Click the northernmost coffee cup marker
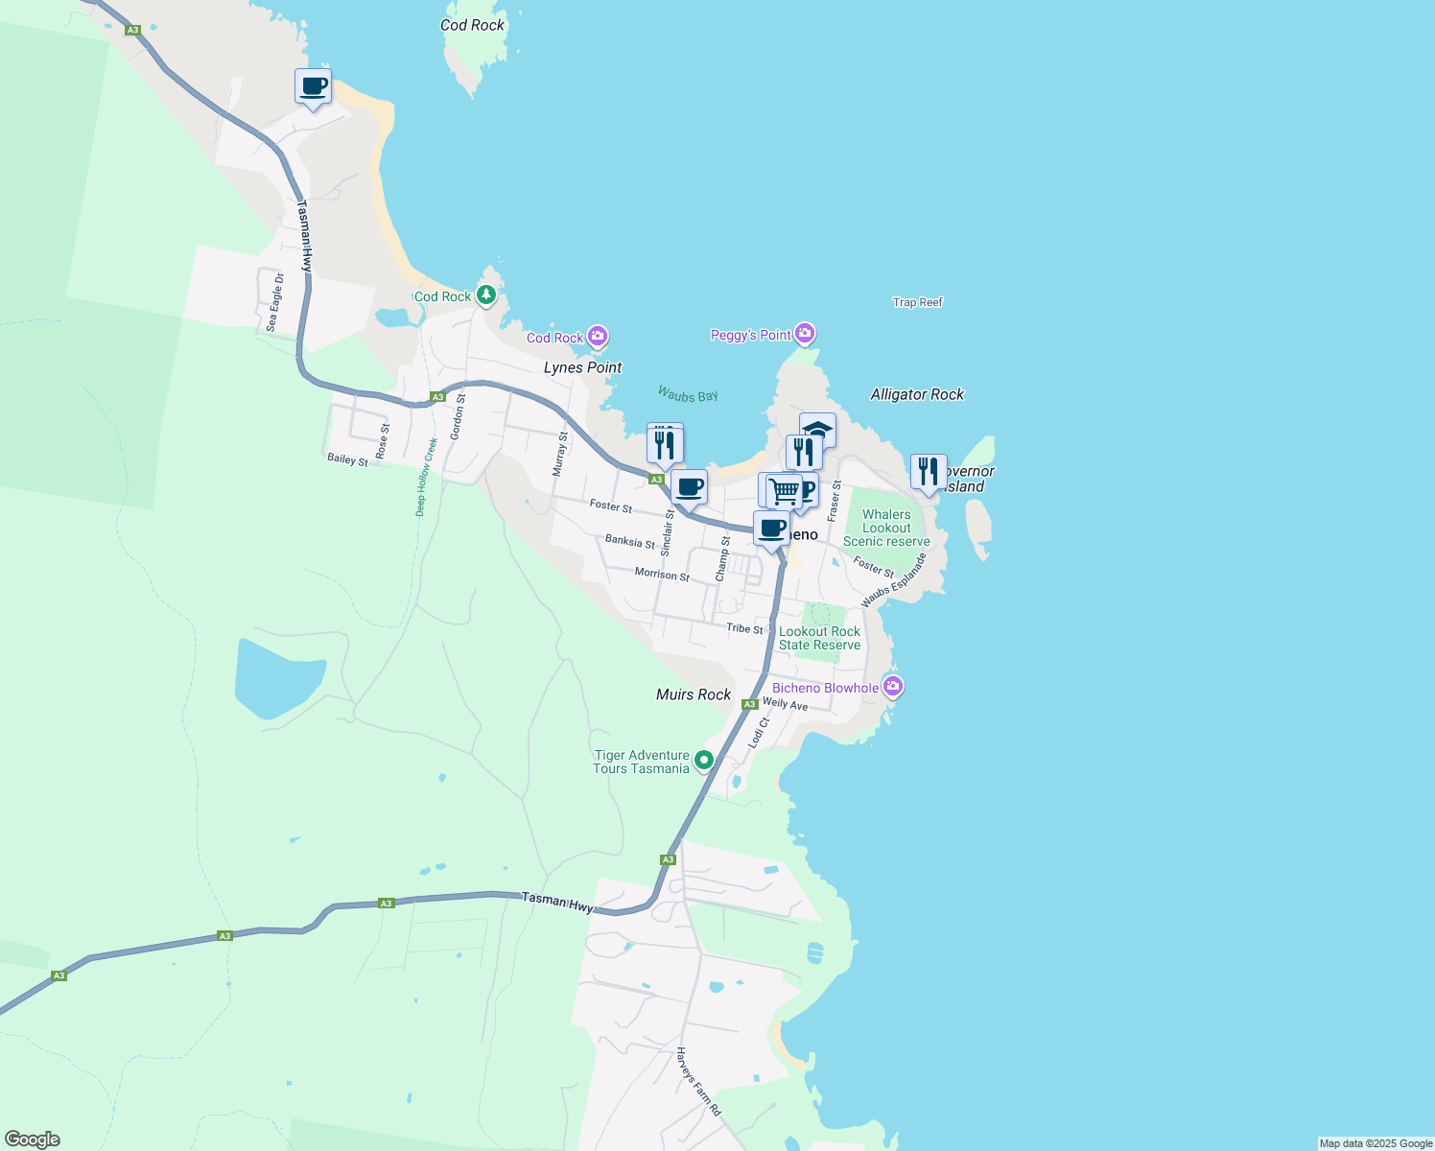tap(313, 86)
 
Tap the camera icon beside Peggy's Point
tap(805, 334)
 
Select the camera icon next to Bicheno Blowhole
tap(893, 687)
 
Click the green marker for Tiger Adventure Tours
tap(704, 761)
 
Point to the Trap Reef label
tap(918, 302)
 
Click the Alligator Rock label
tap(917, 394)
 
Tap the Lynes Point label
tap(582, 367)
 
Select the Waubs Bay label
tap(688, 394)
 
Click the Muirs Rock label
tap(694, 694)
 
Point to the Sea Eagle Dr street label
tap(275, 303)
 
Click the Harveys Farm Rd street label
tap(698, 1081)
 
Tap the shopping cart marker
tap(785, 491)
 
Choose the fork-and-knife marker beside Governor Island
tap(928, 472)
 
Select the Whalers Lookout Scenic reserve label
tap(886, 528)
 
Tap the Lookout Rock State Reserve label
tap(819, 638)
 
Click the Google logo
tap(33, 1139)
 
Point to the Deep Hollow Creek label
tap(427, 477)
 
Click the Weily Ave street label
tap(785, 704)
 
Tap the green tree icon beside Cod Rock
tap(486, 294)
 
